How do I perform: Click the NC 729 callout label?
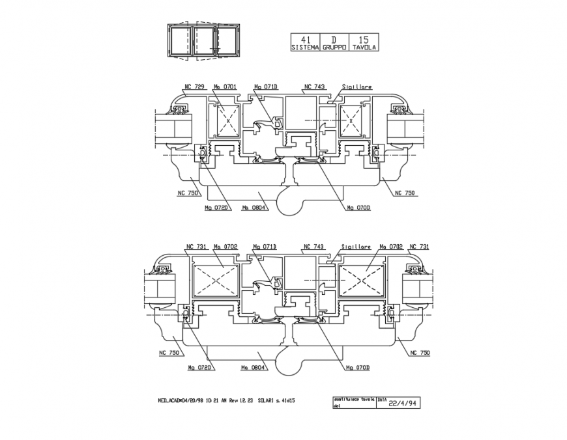point(194,87)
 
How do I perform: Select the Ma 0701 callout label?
point(225,87)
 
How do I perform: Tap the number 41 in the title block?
point(305,40)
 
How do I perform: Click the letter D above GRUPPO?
point(334,40)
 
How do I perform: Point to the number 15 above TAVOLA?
point(363,40)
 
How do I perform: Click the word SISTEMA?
point(305,48)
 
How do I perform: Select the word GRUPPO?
point(334,48)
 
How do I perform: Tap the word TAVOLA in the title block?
point(364,48)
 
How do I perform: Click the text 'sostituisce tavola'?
point(353,398)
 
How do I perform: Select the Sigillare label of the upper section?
point(356,87)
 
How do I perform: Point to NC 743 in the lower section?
point(314,247)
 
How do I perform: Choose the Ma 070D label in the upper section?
point(358,208)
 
